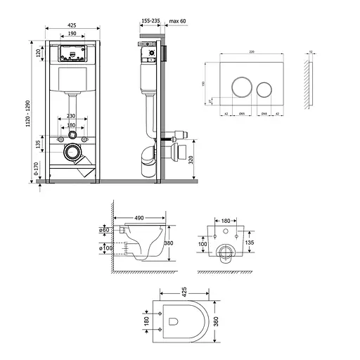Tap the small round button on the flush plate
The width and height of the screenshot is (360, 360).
[x=264, y=89]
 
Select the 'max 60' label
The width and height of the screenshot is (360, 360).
[x=178, y=21]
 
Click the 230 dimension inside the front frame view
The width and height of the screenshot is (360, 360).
[x=71, y=117]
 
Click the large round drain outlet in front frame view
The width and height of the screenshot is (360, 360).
[x=71, y=150]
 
